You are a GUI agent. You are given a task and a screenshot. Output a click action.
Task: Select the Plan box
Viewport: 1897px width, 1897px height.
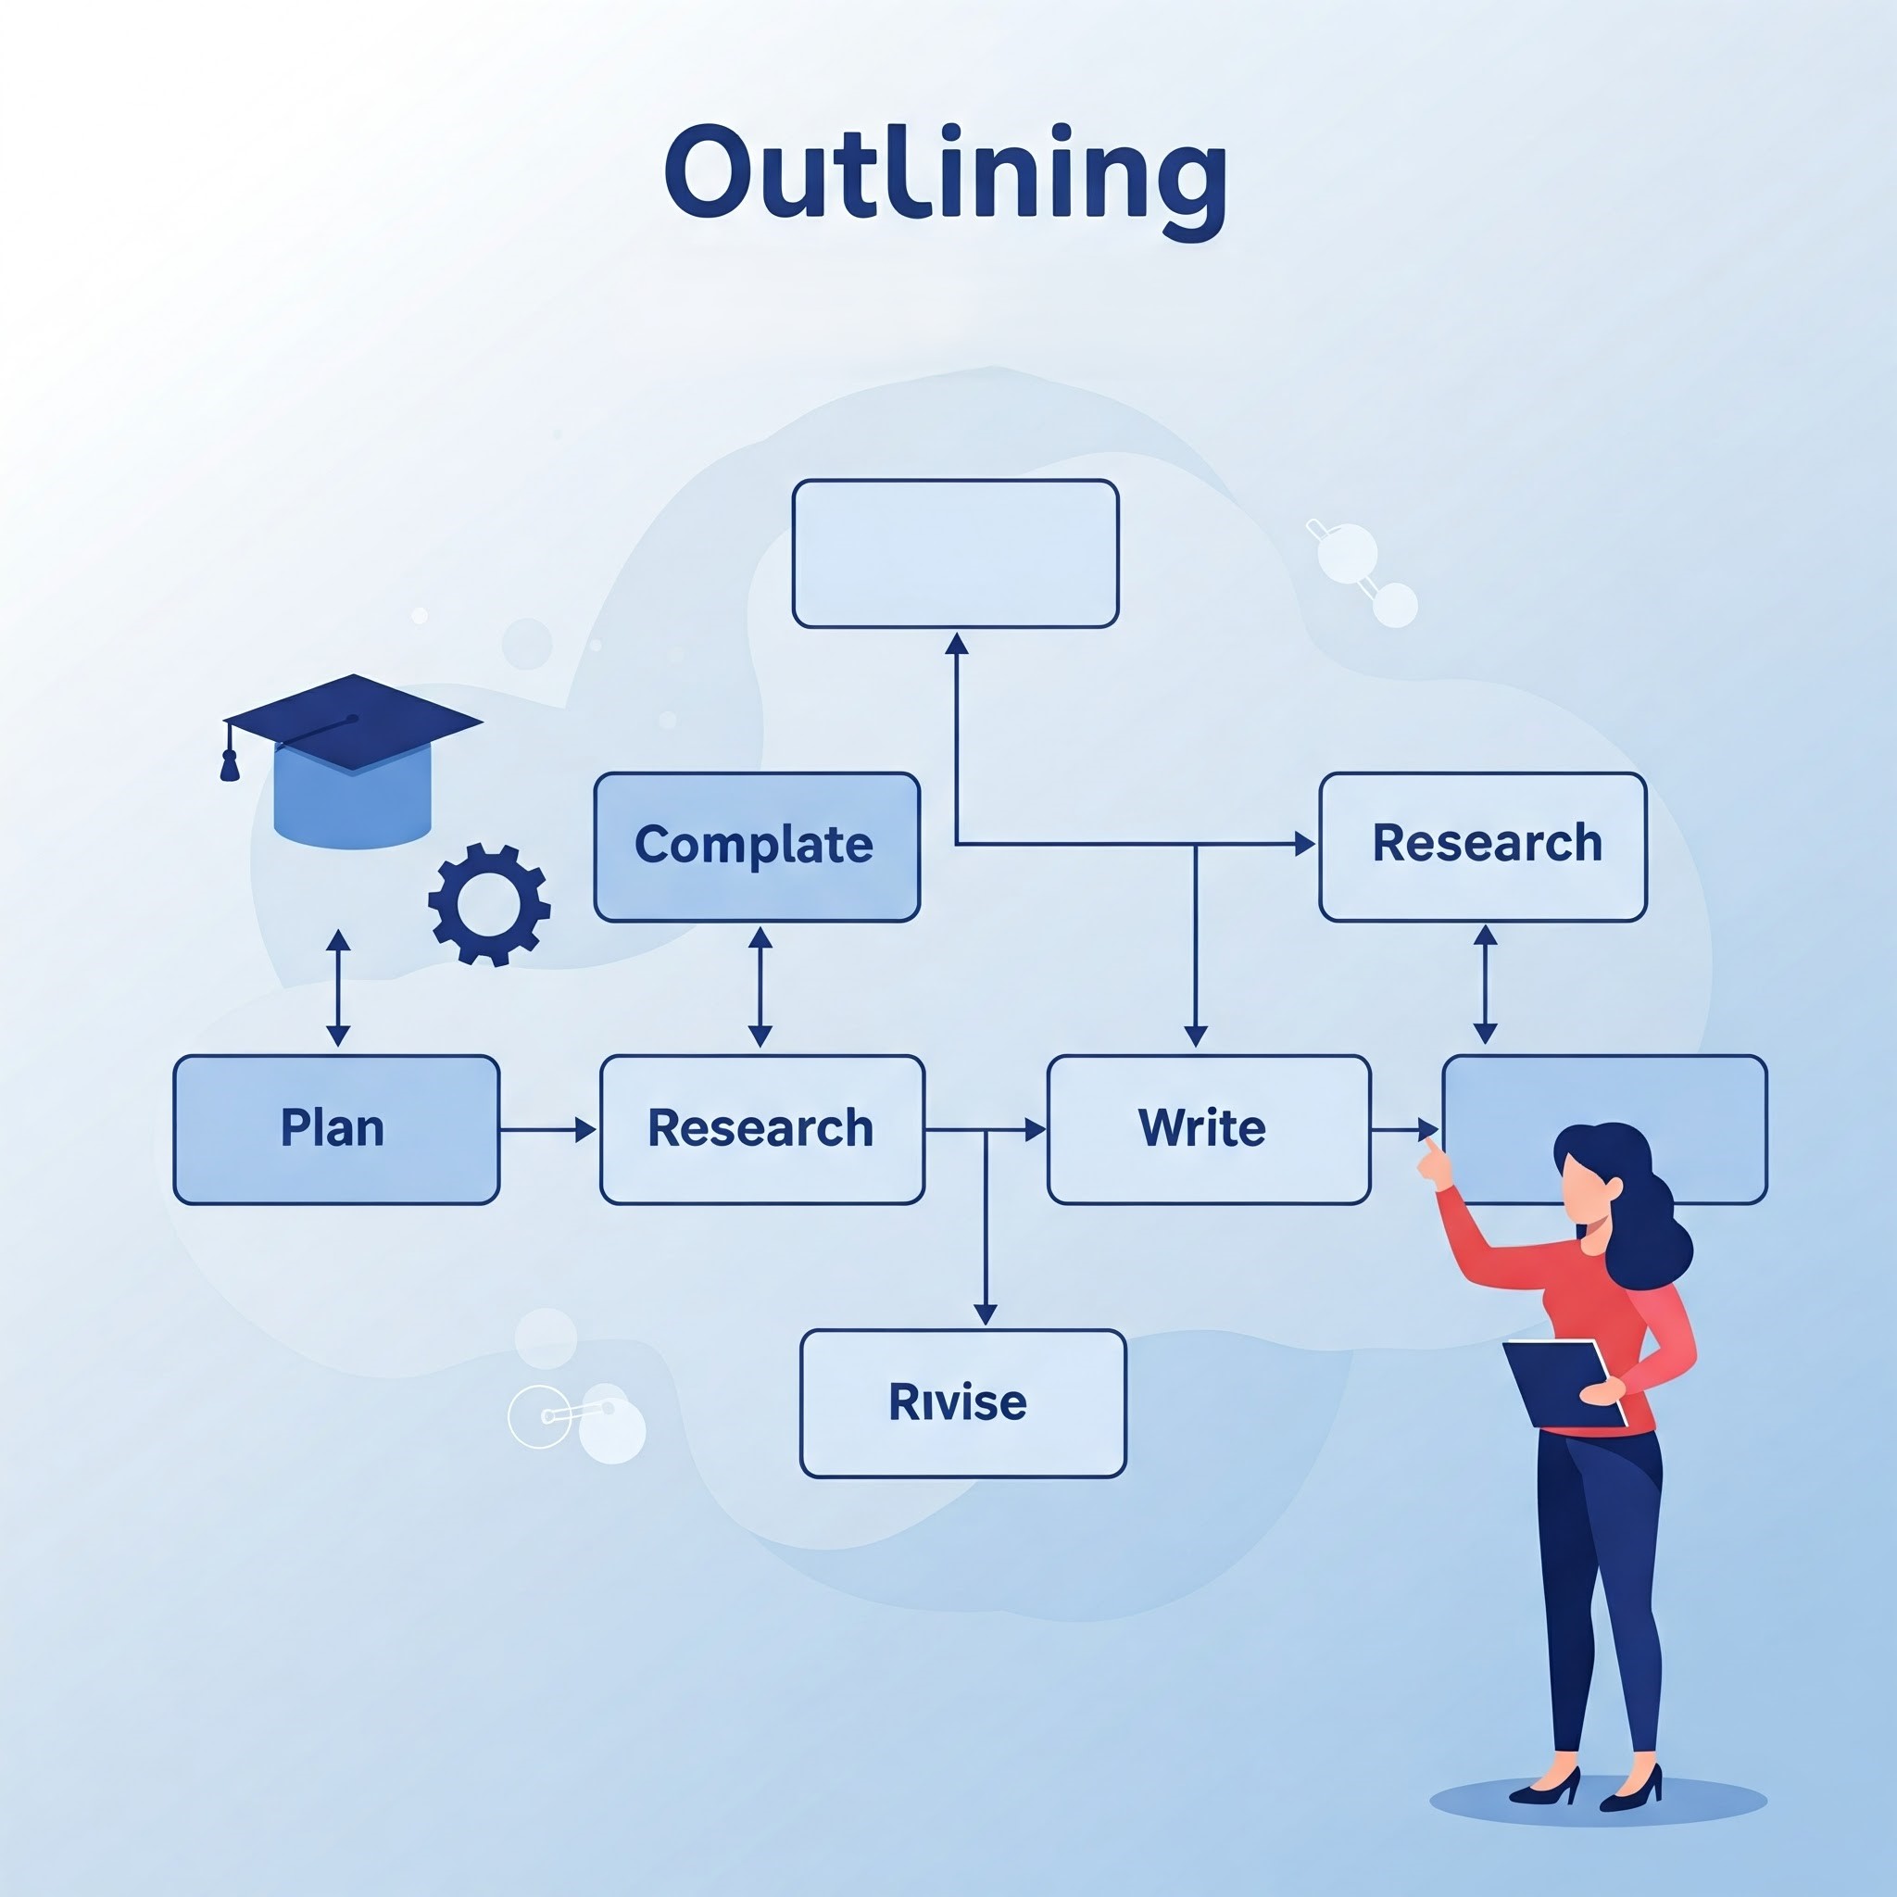click(336, 1129)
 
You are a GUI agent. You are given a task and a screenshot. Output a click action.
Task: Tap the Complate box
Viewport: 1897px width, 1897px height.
click(756, 847)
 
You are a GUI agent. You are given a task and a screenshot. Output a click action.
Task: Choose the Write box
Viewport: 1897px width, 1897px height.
click(1208, 1129)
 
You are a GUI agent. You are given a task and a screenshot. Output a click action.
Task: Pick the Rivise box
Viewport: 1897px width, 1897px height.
click(962, 1403)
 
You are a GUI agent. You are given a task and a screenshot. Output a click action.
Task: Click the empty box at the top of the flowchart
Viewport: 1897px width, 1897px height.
click(954, 554)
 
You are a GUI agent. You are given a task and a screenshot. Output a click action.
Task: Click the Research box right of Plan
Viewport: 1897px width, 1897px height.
click(762, 1129)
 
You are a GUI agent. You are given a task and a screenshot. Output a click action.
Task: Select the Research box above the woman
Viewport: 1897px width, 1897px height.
click(1483, 847)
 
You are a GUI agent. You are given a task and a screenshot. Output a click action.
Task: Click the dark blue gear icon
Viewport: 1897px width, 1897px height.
click(489, 903)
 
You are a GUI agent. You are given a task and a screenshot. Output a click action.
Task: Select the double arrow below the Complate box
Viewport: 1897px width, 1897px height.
click(760, 986)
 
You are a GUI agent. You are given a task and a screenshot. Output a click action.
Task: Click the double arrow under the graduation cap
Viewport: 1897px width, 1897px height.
click(339, 986)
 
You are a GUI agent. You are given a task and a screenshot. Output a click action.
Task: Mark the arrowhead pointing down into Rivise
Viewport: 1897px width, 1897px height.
click(985, 1313)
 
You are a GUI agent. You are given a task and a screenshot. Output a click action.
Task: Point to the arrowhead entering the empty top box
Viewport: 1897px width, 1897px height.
click(956, 644)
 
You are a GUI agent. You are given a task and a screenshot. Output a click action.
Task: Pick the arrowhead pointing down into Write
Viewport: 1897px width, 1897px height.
click(1195, 1035)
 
